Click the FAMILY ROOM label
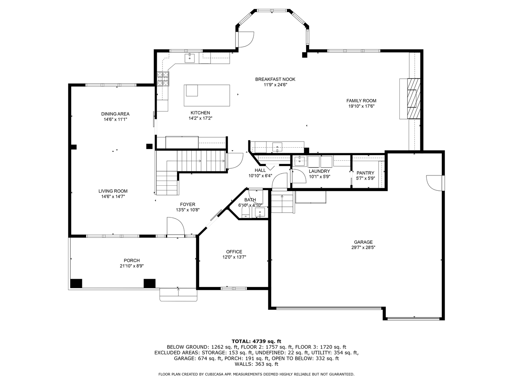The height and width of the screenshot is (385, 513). tap(361, 101)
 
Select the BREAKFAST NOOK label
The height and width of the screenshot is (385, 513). tap(275, 79)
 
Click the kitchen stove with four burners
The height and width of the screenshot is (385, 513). tap(163, 79)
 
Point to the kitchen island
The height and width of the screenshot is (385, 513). tap(207, 95)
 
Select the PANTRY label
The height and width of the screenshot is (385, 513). tap(365, 173)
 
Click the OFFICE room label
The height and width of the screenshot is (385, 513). tap(234, 252)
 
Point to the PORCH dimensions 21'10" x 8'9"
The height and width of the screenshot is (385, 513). tap(131, 266)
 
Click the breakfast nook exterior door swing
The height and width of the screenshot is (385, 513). tap(246, 39)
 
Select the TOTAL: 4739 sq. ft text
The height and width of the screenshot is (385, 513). tap(256, 341)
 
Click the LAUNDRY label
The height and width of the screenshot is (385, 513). tap(319, 171)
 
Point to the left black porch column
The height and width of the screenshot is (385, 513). tap(76, 283)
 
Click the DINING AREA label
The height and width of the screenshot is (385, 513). tap(115, 114)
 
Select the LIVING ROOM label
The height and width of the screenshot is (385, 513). tap(113, 191)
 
